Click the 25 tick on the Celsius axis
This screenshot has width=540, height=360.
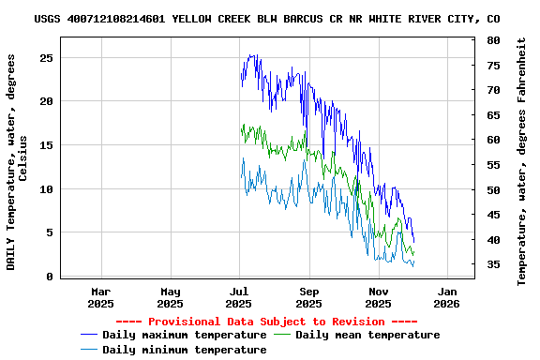click(45, 57)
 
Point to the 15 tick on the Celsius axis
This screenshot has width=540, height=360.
click(45, 145)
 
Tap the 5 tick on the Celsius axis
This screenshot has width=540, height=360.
click(49, 232)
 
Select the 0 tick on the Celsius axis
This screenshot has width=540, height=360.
click(49, 277)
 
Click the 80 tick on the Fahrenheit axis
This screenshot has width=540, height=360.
click(493, 40)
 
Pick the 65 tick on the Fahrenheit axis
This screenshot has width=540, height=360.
click(493, 114)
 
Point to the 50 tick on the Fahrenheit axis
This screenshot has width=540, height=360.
click(493, 189)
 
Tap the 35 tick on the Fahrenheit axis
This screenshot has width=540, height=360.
click(493, 264)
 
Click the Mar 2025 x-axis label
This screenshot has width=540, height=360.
click(100, 297)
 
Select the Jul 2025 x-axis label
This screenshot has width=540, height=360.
click(239, 297)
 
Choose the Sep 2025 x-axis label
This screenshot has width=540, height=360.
click(308, 297)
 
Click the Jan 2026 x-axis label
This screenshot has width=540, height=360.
click(447, 297)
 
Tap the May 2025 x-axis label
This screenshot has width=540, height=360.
click(170, 297)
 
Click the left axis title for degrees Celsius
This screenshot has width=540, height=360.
click(17, 161)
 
